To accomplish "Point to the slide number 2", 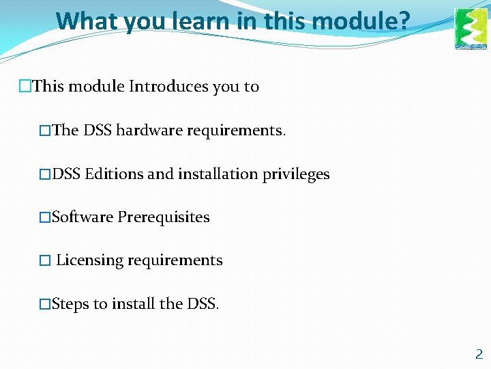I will click(479, 354).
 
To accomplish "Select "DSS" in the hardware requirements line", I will click(98, 130).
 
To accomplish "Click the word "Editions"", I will click(115, 174).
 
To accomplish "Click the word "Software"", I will click(83, 217).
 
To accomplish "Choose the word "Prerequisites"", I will click(164, 217).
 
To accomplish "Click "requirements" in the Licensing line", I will click(183, 260).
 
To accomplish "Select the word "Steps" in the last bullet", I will click(70, 304).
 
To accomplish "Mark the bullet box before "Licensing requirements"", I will click(45, 261).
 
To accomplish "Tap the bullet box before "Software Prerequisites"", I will click(45, 218).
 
